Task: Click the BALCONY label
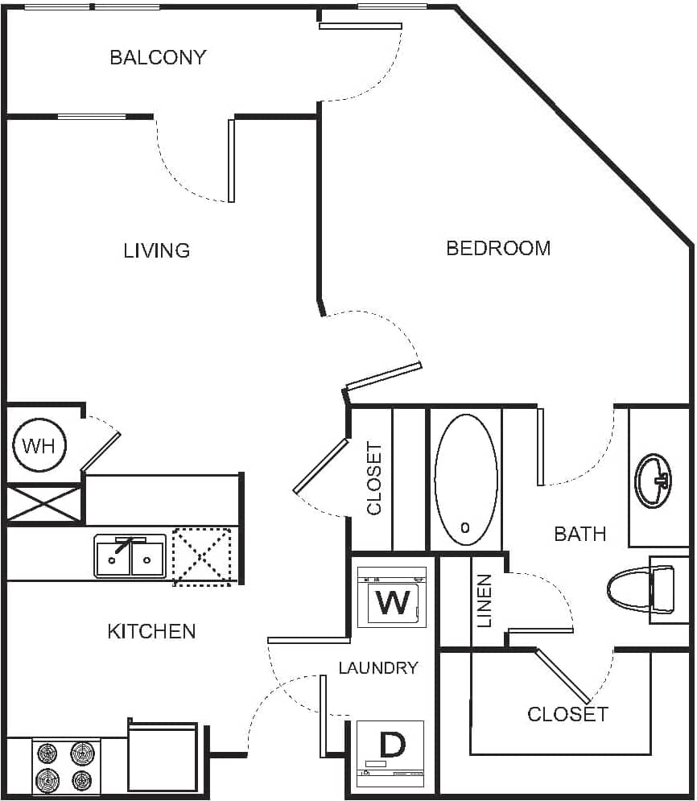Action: [158, 57]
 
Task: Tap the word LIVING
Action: [157, 250]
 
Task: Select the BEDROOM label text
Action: [498, 248]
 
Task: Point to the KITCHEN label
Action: [151, 631]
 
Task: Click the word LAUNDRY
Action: [378, 667]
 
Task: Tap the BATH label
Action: [579, 534]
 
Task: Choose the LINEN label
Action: [484, 601]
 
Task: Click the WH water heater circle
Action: [39, 445]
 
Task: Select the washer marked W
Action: [392, 597]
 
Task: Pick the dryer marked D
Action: [391, 754]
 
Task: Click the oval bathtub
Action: [465, 481]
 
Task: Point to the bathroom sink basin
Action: [654, 481]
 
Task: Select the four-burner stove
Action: [66, 767]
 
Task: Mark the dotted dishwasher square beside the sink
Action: [202, 556]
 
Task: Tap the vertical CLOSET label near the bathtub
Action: [375, 478]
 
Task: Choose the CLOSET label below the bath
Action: [567, 714]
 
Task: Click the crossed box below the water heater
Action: [44, 504]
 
